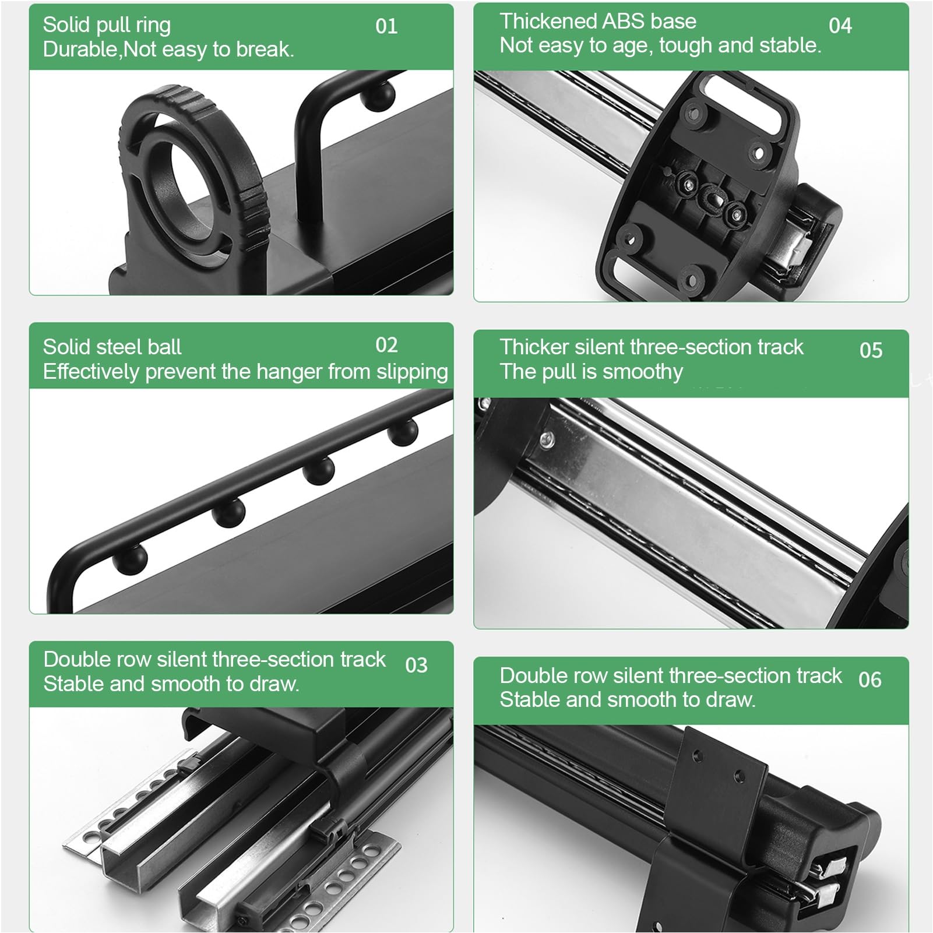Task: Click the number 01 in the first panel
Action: [386, 26]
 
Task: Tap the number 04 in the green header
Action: [840, 26]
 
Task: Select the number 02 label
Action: [386, 345]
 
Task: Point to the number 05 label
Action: [871, 350]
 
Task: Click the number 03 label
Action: [416, 665]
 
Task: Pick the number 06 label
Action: [869, 679]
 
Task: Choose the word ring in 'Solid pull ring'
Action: [152, 26]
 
